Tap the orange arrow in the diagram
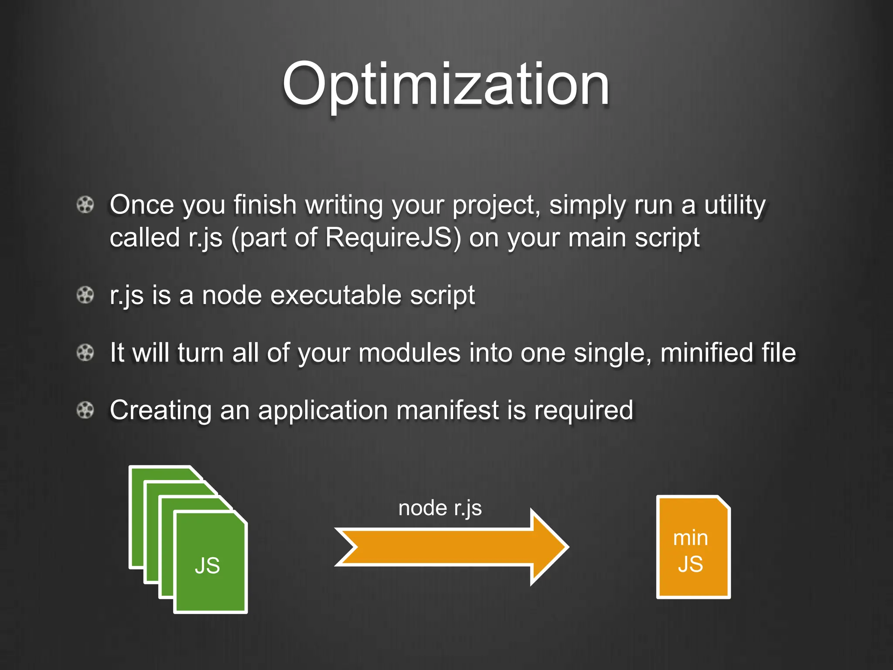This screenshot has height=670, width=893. click(x=452, y=547)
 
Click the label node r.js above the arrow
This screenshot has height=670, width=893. click(x=440, y=508)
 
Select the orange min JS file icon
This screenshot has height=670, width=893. click(x=693, y=547)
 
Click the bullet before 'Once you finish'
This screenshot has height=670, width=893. click(x=85, y=205)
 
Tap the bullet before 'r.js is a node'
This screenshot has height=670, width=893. click(x=85, y=295)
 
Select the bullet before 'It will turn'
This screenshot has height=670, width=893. click(x=85, y=352)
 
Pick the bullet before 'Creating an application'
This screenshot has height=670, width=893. click(x=85, y=410)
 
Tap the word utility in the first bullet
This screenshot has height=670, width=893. click(x=735, y=205)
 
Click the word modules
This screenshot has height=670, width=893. click(x=409, y=352)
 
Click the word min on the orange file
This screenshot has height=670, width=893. click(x=690, y=538)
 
